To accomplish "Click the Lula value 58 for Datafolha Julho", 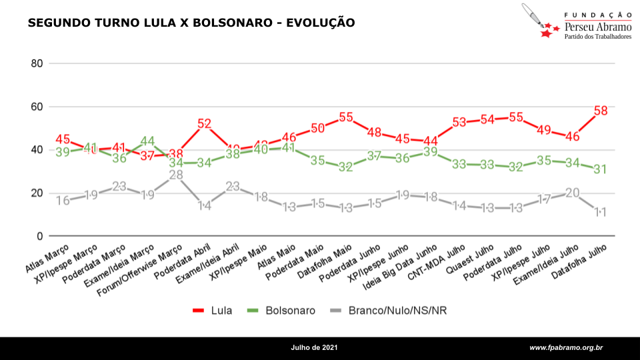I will pos(601,111).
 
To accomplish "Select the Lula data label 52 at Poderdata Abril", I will pos(205,123).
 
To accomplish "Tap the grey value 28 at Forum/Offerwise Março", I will pos(176,175).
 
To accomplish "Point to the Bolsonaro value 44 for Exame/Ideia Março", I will pos(147,142).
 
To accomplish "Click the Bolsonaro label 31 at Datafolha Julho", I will pos(600,169).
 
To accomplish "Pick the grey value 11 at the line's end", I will pos(600,213).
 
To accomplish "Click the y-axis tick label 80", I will pos(37,64).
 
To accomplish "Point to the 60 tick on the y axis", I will pos(37,107).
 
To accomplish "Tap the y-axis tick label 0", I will pos(39,236).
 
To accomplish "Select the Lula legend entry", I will pos(213,311).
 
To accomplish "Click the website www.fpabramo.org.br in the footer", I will pos(566,348).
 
